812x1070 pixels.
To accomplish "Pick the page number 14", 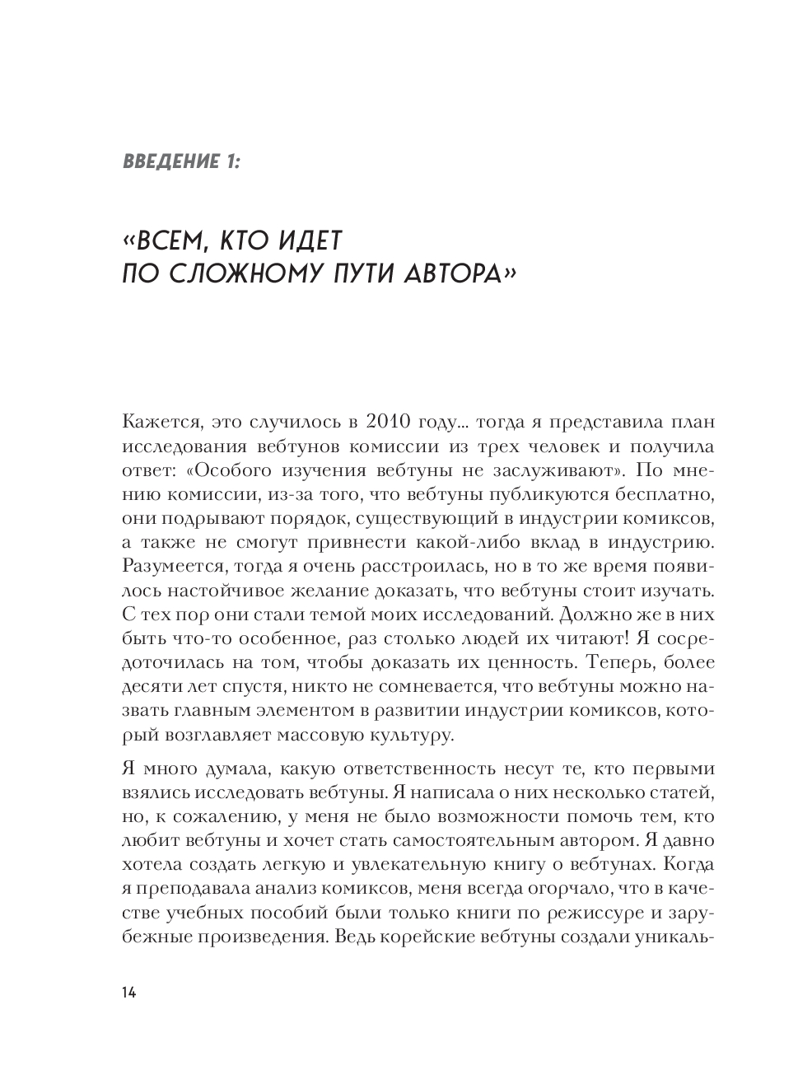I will [128, 992].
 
